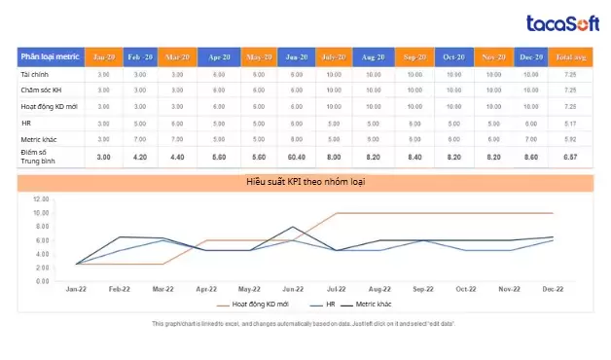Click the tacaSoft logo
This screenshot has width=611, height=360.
tap(560, 23)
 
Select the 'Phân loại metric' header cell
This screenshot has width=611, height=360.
tap(51, 57)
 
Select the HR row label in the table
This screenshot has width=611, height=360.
tap(27, 123)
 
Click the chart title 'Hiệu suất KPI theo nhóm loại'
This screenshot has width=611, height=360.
tap(305, 182)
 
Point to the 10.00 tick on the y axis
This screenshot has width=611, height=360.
tap(41, 213)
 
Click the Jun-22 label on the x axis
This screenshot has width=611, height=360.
tap(291, 289)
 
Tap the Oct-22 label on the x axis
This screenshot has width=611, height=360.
tap(466, 289)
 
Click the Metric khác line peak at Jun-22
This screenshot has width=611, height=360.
tap(292, 227)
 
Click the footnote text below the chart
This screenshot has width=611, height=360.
tap(305, 323)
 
